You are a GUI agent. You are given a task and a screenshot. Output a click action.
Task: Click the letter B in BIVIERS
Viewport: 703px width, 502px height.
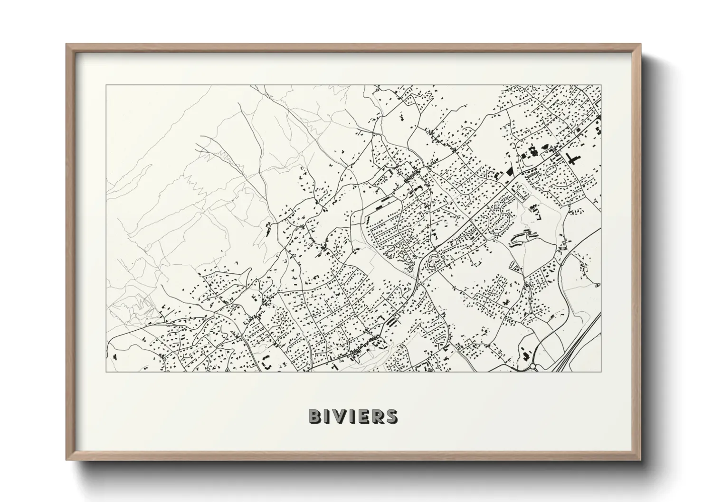315,416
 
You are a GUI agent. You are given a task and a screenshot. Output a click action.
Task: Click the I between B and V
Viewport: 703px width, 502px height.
328,416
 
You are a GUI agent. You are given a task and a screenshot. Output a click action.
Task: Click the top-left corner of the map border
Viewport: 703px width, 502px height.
106,85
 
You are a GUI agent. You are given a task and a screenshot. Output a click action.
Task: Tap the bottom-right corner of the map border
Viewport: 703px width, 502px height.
601,372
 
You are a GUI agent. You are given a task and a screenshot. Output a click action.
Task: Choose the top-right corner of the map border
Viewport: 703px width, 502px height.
601,85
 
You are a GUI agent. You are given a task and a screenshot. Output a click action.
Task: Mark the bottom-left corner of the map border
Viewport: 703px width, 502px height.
106,372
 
